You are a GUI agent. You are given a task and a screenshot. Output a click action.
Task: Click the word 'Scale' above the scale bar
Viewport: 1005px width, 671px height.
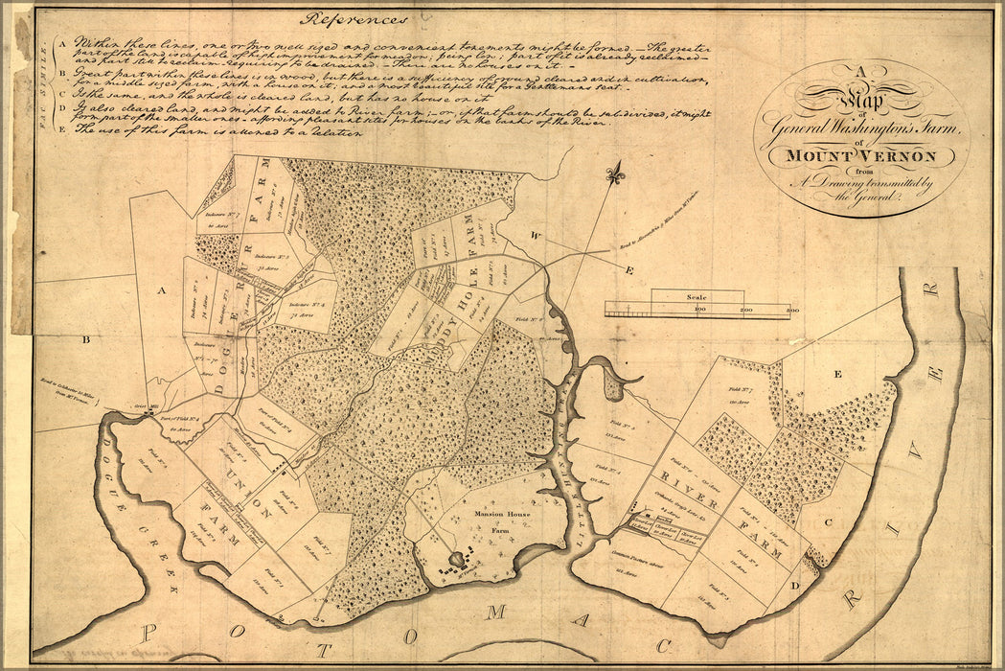(x=695, y=298)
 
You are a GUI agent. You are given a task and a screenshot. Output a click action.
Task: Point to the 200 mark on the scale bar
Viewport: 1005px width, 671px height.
(x=745, y=312)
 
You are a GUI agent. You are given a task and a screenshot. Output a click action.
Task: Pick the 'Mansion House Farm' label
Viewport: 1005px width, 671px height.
(x=501, y=521)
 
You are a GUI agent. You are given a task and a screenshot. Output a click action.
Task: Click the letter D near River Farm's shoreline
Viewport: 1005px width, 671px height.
(x=794, y=584)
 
